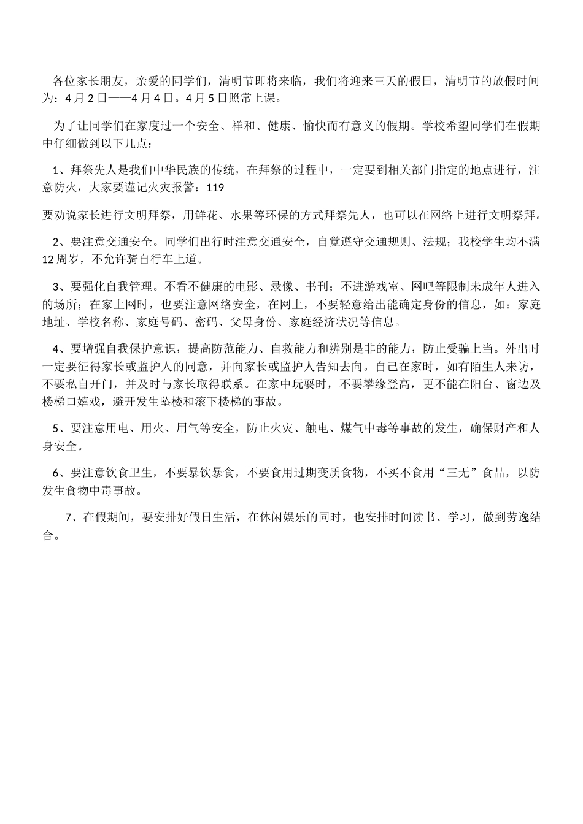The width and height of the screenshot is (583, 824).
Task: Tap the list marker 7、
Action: click(71, 517)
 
